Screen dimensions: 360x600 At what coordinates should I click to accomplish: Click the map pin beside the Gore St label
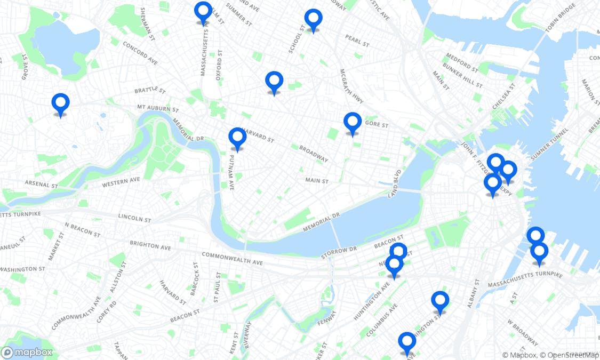353,123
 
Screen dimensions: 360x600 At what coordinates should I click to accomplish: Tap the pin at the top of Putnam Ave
237,138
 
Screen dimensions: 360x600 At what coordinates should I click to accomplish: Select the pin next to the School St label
313,20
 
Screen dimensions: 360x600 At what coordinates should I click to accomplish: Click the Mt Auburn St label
157,108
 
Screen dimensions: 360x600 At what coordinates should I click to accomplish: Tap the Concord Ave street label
140,53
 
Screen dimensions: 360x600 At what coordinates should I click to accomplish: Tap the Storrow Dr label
339,252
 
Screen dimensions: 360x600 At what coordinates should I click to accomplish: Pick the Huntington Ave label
371,301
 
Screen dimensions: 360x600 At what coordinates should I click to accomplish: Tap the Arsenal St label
41,185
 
